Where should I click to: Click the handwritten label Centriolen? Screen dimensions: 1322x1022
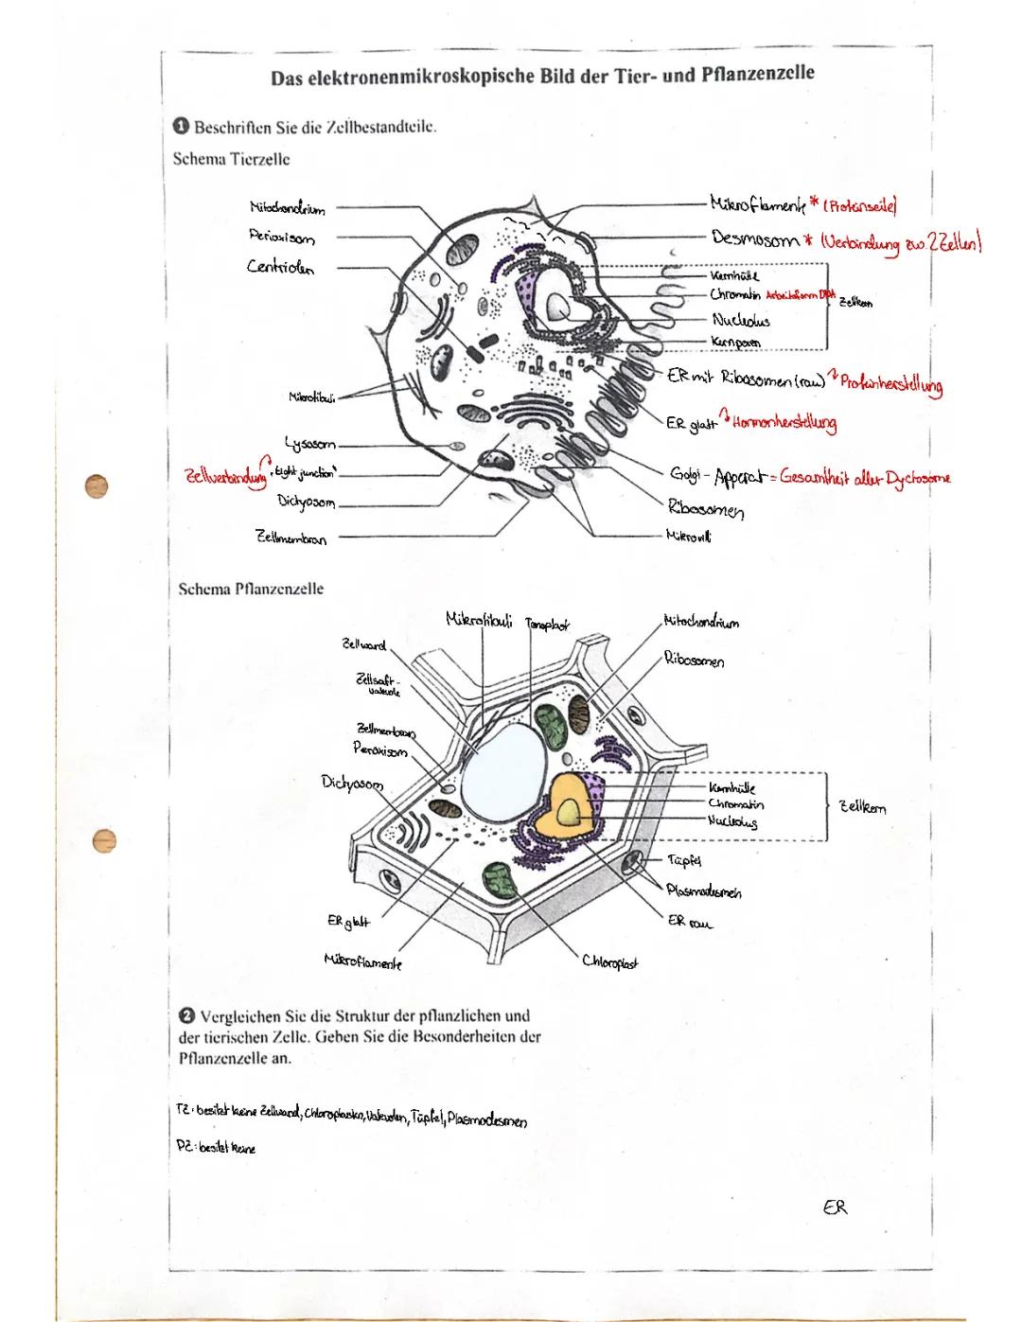pyautogui.click(x=281, y=267)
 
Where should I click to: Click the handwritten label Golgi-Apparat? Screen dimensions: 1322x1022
pyautogui.click(x=717, y=474)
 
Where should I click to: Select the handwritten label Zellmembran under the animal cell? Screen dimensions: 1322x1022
pyautogui.click(x=291, y=538)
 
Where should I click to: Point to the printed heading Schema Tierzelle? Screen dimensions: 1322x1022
pyautogui.click(x=231, y=158)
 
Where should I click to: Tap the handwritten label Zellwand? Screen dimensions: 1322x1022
pyautogui.click(x=364, y=645)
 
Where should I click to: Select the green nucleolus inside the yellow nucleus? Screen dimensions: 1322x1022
pyautogui.click(x=570, y=811)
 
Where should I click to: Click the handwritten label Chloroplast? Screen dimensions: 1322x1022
pyautogui.click(x=609, y=962)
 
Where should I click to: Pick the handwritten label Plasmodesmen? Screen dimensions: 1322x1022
pyautogui.click(x=703, y=891)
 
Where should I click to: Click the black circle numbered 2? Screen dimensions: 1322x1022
pyautogui.click(x=185, y=1016)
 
